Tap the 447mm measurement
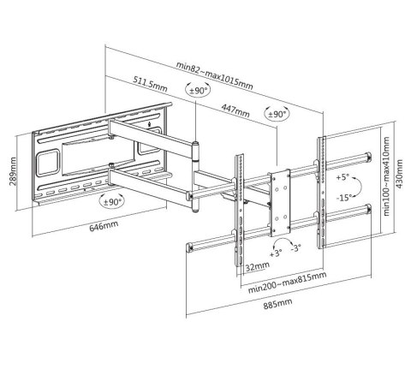click(237, 111)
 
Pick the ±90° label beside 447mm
click(277, 113)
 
